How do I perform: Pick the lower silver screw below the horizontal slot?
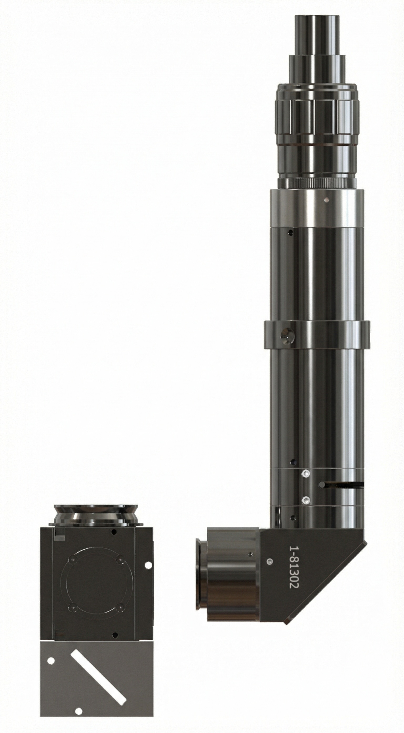point(306,507)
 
